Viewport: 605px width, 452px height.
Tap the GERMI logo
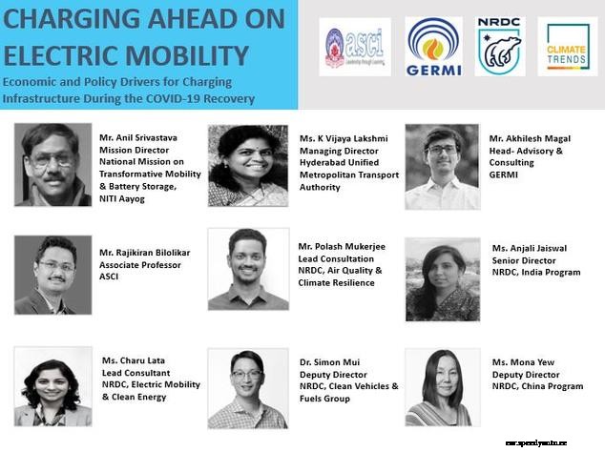pyautogui.click(x=433, y=46)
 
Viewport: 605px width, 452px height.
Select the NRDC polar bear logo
pyautogui.click(x=500, y=46)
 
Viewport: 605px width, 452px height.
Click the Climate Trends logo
pyautogui.click(x=567, y=46)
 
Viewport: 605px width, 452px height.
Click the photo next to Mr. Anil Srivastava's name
pyautogui.click(x=53, y=164)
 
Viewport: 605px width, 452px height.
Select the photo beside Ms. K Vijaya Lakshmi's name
pyautogui.click(x=248, y=165)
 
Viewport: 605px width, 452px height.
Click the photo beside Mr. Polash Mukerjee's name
pyautogui.click(x=248, y=269)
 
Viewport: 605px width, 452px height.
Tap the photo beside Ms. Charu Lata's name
pyautogui.click(x=53, y=386)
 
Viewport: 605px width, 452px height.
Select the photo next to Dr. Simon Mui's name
pyautogui.click(x=247, y=387)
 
